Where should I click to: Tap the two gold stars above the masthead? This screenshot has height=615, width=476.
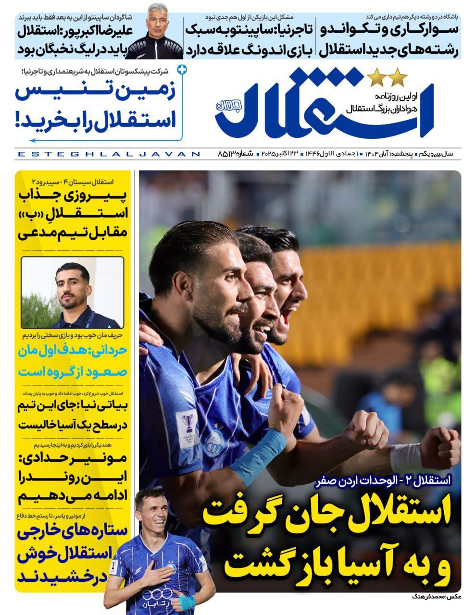pyautogui.click(x=388, y=77)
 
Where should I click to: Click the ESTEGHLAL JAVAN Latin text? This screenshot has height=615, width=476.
pyautogui.click(x=108, y=154)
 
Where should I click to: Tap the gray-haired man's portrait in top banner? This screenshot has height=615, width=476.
pyautogui.click(x=158, y=36)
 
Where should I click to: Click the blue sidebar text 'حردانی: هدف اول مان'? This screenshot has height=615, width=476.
pyautogui.click(x=73, y=351)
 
